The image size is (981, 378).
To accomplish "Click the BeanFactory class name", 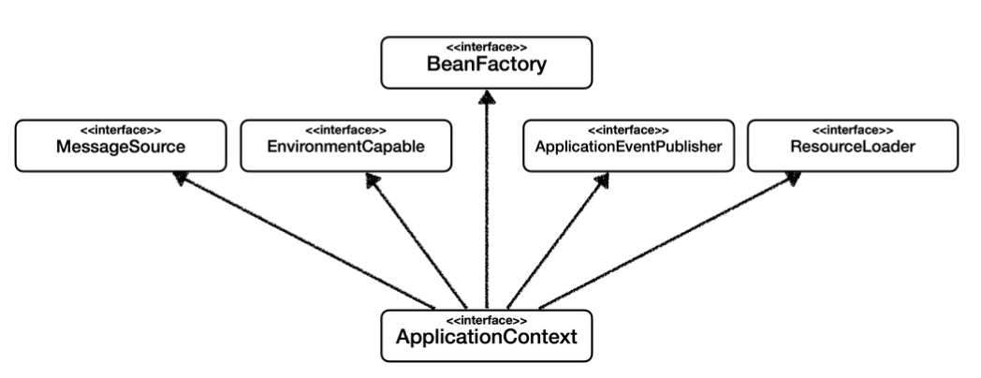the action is [486, 65].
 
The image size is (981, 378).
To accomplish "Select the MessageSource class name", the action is [121, 147].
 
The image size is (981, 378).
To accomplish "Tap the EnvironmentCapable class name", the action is [346, 147].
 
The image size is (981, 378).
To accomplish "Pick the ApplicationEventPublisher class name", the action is [628, 147].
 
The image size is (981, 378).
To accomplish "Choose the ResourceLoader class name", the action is [853, 147].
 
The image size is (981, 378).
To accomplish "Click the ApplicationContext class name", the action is [486, 337].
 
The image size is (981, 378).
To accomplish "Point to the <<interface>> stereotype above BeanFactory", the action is [486, 47].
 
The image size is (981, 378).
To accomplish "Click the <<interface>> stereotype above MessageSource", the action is [121, 130].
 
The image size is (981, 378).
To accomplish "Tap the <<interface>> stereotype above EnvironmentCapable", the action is [346, 130].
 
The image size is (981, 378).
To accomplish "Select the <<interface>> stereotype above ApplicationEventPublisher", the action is [628, 130].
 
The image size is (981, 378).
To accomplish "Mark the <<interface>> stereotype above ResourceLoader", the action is [853, 130].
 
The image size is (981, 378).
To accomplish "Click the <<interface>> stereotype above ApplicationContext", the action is [486, 321].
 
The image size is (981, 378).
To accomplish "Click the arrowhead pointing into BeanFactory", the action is [487, 97].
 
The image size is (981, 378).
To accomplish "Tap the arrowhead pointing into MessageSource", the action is [181, 178].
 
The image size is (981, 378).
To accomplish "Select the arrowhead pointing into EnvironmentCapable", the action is [373, 181].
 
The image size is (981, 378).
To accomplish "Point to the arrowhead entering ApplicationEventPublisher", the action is [602, 181].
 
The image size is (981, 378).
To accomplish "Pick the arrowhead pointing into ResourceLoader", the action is [793, 179].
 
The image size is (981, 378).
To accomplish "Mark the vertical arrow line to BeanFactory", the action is [487, 199].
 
